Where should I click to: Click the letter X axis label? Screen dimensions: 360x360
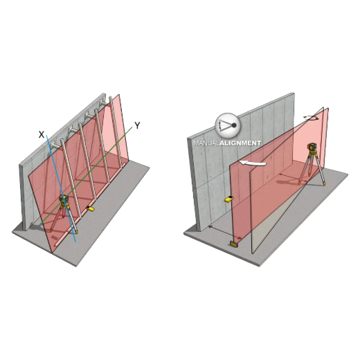point(42,134)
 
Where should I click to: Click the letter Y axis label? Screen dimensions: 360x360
point(137,125)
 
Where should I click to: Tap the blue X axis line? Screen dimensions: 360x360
point(61,188)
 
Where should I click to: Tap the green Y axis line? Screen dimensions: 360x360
point(86,175)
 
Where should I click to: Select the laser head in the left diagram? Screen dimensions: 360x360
point(64,199)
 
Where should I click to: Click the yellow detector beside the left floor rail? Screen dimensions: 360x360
point(90,208)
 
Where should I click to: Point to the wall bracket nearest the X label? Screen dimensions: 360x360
point(55,145)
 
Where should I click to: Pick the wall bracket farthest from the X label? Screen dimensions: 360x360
point(104,103)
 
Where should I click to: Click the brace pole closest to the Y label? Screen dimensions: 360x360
point(116,132)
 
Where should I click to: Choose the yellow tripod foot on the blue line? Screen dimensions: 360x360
point(76,232)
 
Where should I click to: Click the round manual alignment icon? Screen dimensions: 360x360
point(228,125)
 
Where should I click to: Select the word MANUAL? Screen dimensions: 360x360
point(206,143)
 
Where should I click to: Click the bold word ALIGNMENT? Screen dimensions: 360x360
point(240,143)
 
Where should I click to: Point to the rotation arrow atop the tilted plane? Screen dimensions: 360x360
point(311,118)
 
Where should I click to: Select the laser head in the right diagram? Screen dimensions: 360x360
point(312,148)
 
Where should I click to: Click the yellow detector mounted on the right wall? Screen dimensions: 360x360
point(228,199)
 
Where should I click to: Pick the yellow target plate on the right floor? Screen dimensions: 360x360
point(235,244)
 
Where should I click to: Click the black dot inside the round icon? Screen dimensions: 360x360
point(234,125)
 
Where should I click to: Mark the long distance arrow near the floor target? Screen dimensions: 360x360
point(225,233)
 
